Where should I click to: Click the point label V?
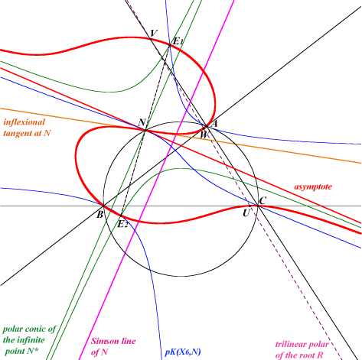point(154,33)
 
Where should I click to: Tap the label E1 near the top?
point(178,41)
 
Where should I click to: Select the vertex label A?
point(214,124)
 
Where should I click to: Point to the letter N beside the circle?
point(142,122)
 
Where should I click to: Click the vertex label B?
point(99,215)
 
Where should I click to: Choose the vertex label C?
point(263,201)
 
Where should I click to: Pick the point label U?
point(246,213)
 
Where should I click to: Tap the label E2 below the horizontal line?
point(122,225)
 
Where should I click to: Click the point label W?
point(204,135)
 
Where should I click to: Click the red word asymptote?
point(313,186)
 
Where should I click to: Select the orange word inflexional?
point(24,122)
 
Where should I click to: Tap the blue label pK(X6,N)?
point(183,352)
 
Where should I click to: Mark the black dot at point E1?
point(170,45)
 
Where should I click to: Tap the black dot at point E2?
point(122,216)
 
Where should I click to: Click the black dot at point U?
point(250,206)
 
